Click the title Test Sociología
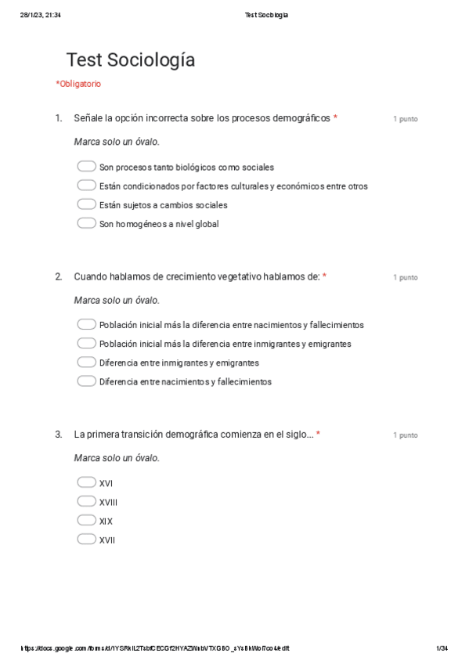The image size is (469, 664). coord(131,60)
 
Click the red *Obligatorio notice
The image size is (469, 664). coord(78,84)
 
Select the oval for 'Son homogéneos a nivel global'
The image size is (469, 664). coord(86,223)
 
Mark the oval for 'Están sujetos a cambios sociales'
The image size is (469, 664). coord(86,204)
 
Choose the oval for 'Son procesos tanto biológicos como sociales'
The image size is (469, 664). coord(86,167)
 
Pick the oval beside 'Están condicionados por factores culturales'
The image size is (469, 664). coord(86,186)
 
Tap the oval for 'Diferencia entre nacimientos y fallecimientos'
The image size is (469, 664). coord(86,381)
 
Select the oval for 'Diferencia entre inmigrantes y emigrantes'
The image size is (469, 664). coord(86,363)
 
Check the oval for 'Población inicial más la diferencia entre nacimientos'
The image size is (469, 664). coord(86,324)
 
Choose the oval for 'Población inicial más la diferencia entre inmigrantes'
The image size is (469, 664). coord(86,343)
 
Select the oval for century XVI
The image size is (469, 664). coord(86,482)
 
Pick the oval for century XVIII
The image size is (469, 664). coord(86,501)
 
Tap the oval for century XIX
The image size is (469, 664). coord(86,520)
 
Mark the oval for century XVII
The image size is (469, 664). coord(86,539)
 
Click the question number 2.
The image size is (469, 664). coord(59,276)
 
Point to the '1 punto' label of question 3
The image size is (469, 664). coord(405,435)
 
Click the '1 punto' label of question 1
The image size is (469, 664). coord(405,119)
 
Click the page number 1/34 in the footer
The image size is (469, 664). coord(442,648)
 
